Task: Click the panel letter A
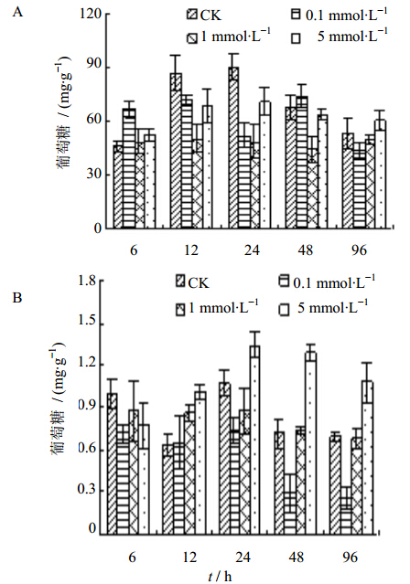click(17, 12)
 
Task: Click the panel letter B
click(17, 298)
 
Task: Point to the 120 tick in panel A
click(91, 14)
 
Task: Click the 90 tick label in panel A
click(93, 64)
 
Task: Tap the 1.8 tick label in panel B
click(87, 281)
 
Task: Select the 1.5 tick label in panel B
click(87, 321)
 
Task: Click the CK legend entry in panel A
click(204, 16)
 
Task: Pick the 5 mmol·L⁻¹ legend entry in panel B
click(323, 308)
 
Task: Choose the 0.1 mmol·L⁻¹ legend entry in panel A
click(340, 16)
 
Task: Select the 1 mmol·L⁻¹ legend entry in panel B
click(218, 308)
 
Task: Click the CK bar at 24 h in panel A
click(233, 147)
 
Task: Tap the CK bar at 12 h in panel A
click(176, 151)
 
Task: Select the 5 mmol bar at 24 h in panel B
click(255, 441)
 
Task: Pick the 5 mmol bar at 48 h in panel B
click(311, 443)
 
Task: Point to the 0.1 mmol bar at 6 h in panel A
click(129, 168)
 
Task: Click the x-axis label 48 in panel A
click(306, 250)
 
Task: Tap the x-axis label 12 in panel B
click(189, 557)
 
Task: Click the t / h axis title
click(221, 576)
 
